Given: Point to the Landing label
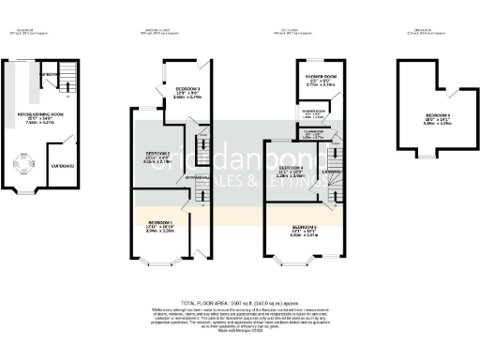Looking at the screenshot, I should (332, 172).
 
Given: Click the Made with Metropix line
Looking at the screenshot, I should (239, 333).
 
